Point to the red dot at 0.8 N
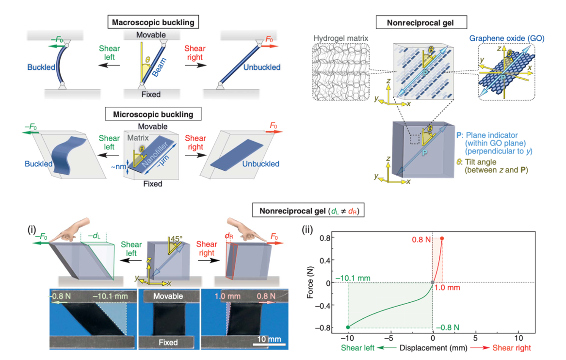click(441, 238)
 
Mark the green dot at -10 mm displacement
click(348, 327)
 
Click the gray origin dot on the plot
click(433, 282)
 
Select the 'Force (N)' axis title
click(311, 282)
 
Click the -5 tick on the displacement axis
click(390, 337)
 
